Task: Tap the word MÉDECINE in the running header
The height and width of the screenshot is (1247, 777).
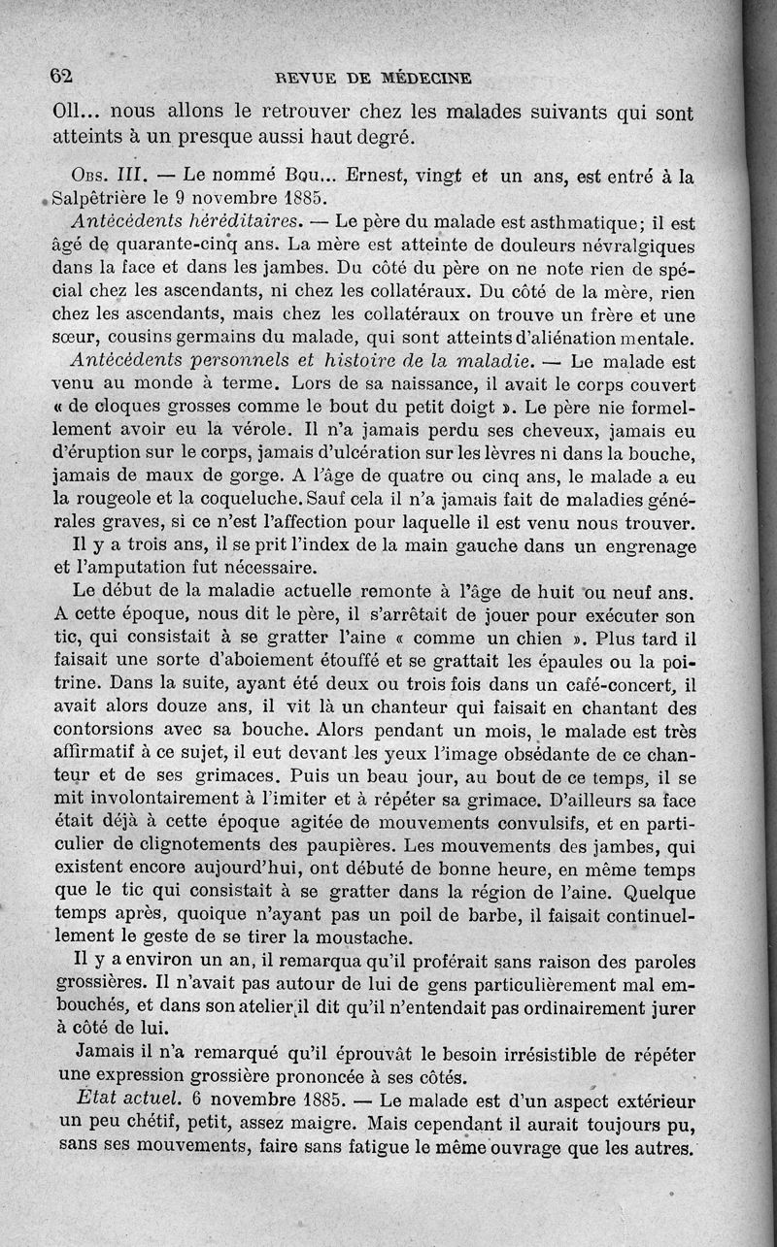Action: pyautogui.click(x=425, y=78)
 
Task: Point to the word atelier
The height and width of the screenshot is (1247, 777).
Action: pyautogui.click(x=248, y=1008)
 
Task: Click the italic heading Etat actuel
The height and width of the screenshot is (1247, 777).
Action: pyautogui.click(x=121, y=1102)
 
